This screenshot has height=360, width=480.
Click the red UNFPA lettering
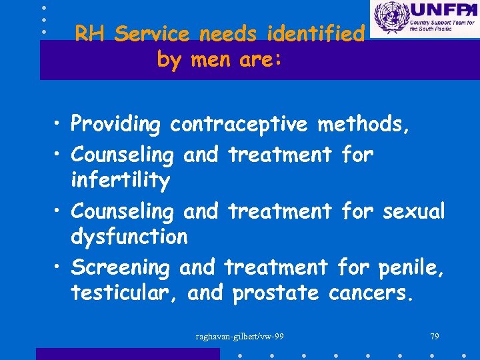tap(442, 11)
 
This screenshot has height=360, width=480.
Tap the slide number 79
tap(434, 336)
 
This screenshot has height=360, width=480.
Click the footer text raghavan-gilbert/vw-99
tap(239, 336)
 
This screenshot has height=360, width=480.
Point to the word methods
tap(364, 125)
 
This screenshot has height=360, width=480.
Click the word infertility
tap(120, 181)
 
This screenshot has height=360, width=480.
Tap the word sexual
tap(413, 211)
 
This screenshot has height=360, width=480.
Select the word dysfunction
tap(129, 237)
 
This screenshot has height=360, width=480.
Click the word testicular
tap(125, 293)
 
